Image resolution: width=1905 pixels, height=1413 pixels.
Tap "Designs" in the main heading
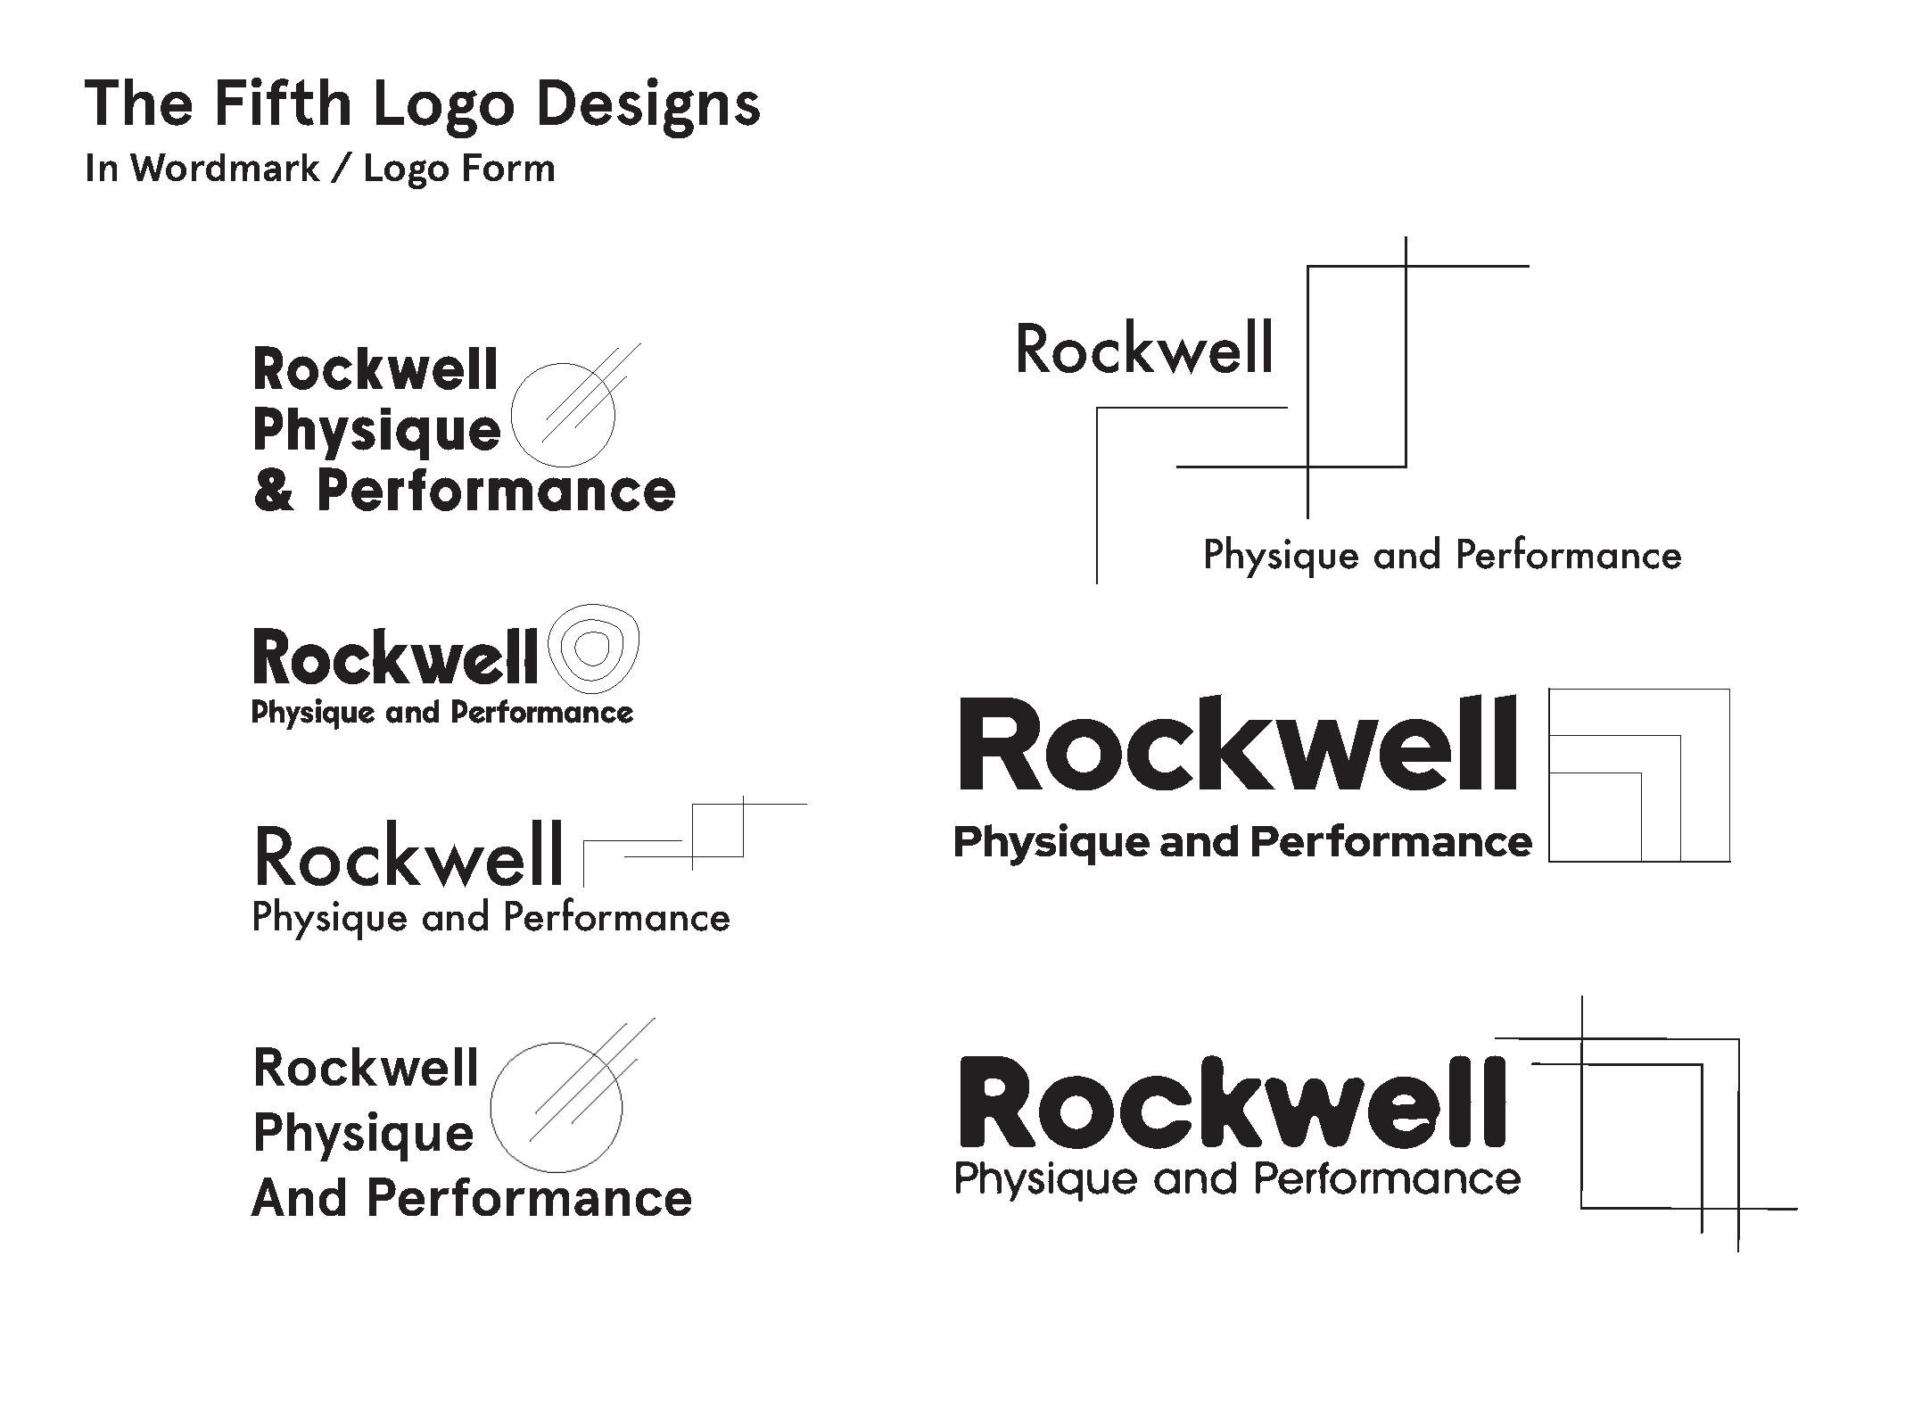tap(648, 105)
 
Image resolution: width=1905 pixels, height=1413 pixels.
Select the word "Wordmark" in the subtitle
tap(226, 168)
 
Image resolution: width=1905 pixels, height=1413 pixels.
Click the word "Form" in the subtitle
tap(509, 168)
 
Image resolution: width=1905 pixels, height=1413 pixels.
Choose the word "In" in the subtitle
tap(102, 168)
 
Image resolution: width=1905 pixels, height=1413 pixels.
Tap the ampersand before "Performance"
tap(274, 492)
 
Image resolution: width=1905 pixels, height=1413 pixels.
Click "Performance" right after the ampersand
tap(496, 492)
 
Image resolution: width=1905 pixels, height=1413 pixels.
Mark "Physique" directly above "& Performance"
tap(377, 433)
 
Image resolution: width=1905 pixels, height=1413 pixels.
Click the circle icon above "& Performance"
tap(564, 415)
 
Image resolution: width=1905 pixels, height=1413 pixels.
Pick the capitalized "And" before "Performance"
tap(300, 1198)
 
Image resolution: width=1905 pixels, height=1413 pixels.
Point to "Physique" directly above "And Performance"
tap(364, 1134)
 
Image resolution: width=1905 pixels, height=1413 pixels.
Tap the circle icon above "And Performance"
tap(557, 1107)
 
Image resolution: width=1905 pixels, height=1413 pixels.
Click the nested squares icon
tap(1639, 774)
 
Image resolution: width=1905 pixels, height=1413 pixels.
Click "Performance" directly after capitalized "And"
tap(530, 1198)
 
